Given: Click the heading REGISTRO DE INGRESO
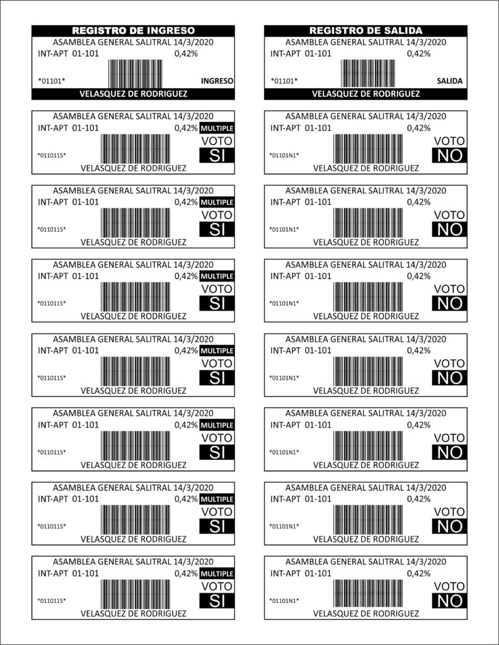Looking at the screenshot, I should pos(133,30).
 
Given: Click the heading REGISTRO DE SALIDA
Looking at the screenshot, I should pos(365,30).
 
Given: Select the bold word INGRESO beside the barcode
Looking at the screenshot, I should pos(217,81).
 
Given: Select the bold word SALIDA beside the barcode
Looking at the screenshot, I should pos(449,81).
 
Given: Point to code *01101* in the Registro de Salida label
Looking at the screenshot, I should pos(284,81).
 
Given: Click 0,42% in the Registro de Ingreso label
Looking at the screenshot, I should pos(186,54).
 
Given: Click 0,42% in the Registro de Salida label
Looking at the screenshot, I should pos(419,54).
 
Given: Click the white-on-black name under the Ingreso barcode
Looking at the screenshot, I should pos(133,94).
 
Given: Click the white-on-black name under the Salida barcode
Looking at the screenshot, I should pos(365,94).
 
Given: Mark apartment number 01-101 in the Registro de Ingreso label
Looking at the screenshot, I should pos(85,54).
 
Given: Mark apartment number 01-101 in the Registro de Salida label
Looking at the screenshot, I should pos(318,54).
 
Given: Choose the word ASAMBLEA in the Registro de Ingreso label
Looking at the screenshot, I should pos(74,42).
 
